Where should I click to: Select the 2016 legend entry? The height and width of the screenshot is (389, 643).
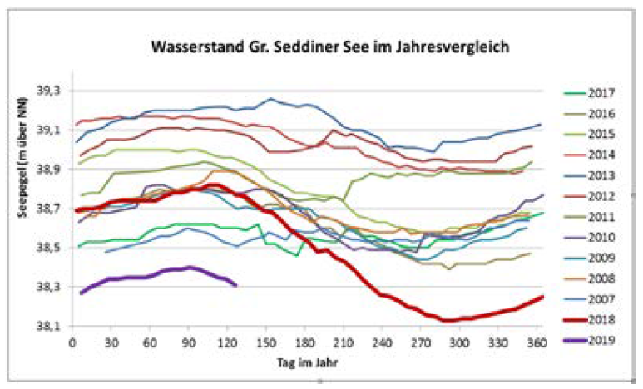click(x=587, y=114)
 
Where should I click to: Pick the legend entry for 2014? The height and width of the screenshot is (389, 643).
click(x=587, y=155)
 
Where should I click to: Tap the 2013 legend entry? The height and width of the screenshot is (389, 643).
click(x=587, y=175)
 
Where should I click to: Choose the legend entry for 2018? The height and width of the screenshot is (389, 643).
click(x=587, y=318)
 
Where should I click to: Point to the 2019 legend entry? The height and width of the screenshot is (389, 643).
click(x=587, y=339)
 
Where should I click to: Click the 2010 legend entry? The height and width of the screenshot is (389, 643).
click(x=587, y=236)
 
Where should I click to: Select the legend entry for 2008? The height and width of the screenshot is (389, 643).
click(x=587, y=278)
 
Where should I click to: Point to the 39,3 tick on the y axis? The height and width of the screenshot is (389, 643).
click(x=53, y=91)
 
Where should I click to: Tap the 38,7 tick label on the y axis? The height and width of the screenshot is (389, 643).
click(x=53, y=209)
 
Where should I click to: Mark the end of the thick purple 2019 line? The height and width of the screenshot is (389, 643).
click(x=236, y=285)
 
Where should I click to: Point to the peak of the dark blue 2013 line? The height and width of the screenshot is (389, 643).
click(x=271, y=99)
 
